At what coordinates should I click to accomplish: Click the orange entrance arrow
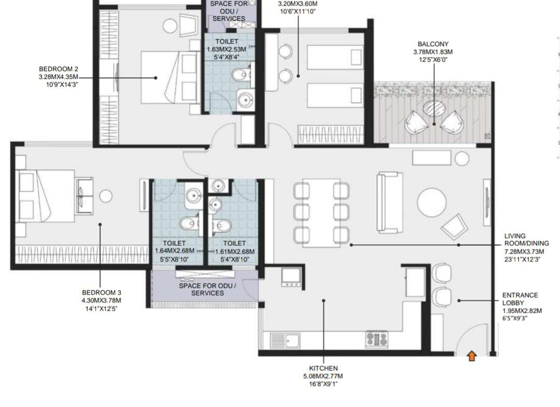pos(472,356)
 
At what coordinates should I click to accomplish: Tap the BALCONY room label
pos(433,44)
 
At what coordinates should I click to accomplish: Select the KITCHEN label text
pos(323,368)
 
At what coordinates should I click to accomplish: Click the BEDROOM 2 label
pos(59,69)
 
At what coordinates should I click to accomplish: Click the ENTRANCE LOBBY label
pos(520,299)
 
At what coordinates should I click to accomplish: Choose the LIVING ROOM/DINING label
pos(527,240)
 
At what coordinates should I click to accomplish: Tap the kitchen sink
pos(285,340)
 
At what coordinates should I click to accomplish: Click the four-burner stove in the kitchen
pos(377,339)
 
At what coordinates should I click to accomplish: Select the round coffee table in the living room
pos(432,202)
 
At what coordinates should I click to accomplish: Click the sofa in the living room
pos(389,202)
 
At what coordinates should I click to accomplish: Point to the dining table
pos(321,213)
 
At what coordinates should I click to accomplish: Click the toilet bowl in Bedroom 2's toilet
pos(241,75)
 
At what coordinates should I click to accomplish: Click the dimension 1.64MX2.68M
pos(175,251)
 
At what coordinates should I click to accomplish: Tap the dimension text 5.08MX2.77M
pos(323,376)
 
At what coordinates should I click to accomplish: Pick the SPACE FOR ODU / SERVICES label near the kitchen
pos(207,289)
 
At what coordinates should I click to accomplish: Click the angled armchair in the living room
pos(454,227)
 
